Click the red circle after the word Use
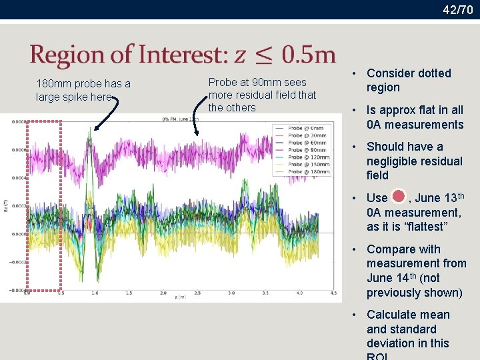[x=398, y=197]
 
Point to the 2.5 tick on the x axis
[x=197, y=293]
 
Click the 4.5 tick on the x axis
[x=333, y=293]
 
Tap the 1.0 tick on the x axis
[x=94, y=293]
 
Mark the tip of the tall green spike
[x=90, y=129]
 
